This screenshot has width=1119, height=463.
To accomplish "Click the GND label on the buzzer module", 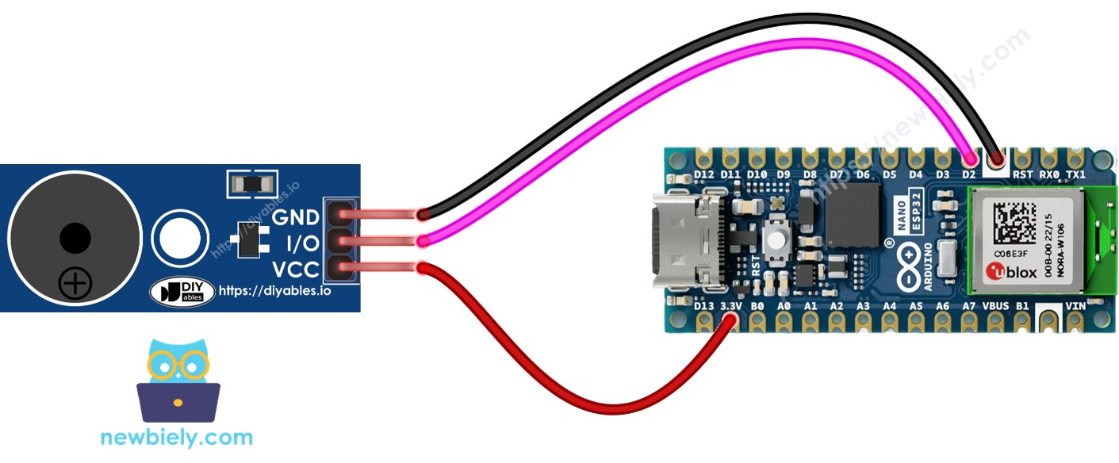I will [296, 217].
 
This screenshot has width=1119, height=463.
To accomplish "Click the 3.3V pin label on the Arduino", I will [730, 305].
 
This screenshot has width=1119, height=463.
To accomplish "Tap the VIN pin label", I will [1076, 305].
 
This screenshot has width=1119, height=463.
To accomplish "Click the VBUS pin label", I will [995, 305].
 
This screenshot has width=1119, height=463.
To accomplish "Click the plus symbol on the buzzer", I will [75, 282].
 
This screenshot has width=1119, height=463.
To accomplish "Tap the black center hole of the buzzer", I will [75, 237].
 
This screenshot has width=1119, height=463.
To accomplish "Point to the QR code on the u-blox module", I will [1010, 223].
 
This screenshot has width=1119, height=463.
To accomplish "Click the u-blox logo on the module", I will [1005, 274].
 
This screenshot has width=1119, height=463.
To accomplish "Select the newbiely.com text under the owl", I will [177, 437].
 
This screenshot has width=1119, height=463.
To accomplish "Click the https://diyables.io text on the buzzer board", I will [274, 291].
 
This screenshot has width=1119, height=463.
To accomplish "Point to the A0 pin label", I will [784, 305].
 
